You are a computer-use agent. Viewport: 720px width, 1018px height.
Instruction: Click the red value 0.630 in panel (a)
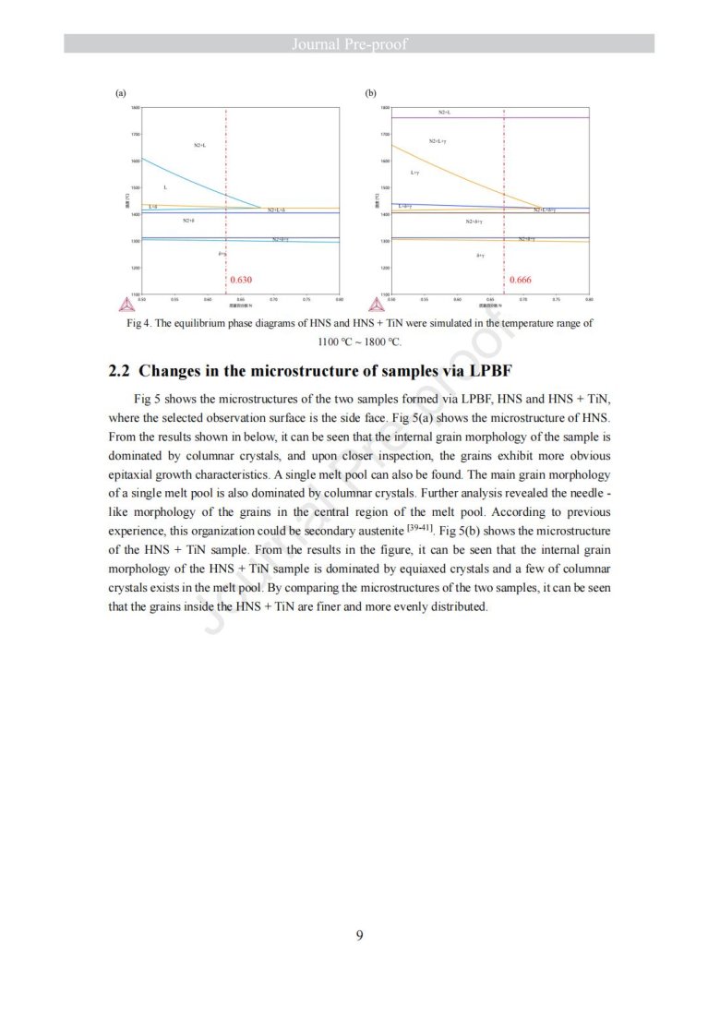tap(240, 279)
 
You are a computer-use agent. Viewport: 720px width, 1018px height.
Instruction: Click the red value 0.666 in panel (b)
tap(521, 279)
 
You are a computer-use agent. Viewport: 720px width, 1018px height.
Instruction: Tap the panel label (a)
tap(120, 93)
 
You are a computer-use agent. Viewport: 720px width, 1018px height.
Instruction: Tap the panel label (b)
tap(370, 93)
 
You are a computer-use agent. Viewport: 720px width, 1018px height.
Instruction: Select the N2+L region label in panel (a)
tap(200, 145)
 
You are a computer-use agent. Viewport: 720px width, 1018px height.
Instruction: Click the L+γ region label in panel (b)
tap(415, 173)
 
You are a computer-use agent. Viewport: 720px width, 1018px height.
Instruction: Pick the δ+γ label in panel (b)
tap(480, 255)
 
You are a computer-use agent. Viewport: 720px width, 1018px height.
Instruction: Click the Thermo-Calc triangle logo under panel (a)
tap(126, 305)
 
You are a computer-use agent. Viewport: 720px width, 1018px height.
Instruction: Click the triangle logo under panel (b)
tap(376, 305)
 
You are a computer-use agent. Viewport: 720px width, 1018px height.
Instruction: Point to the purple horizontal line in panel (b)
tap(554, 118)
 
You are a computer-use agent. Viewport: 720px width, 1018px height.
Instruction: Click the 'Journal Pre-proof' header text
tap(359, 43)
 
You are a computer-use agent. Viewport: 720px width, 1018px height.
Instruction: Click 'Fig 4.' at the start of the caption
tap(138, 324)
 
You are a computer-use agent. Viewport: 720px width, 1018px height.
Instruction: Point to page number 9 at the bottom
tap(359, 936)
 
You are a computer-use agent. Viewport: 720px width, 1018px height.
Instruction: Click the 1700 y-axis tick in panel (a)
tap(136, 135)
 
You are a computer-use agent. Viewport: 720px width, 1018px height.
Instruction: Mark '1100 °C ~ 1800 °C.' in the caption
tap(359, 341)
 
